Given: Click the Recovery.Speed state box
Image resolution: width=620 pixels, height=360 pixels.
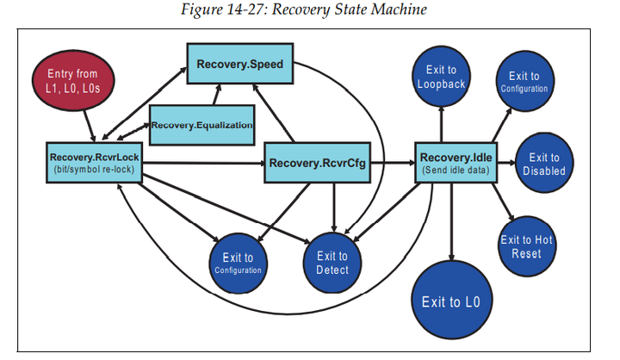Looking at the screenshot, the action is [240, 64].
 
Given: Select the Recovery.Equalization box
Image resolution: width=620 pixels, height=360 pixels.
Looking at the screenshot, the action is [201, 125].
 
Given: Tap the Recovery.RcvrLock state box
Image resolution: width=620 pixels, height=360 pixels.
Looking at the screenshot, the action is [94, 163].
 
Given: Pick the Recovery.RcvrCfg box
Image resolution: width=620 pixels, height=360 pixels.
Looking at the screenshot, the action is [317, 163].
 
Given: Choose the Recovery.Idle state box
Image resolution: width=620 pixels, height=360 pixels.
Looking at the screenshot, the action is [456, 163].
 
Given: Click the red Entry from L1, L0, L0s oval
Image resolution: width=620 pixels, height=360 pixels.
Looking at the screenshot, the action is [73, 80].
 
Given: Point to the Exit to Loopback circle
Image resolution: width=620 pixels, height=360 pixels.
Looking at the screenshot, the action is [441, 77].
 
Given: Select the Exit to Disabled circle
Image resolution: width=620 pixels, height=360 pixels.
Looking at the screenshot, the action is [544, 163].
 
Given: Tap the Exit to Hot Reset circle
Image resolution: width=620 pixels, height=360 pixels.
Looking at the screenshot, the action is [527, 246].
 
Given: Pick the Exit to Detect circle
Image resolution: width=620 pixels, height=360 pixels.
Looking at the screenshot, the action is [332, 263].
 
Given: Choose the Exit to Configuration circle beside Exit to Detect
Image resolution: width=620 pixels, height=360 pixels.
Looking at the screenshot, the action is [238, 264].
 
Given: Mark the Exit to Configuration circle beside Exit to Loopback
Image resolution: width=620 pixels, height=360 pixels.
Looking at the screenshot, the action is [524, 81].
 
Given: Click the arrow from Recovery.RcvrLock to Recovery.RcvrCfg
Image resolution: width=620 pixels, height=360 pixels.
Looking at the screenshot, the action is [203, 163].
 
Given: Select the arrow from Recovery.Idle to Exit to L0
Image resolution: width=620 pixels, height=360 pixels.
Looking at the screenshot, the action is [451, 222].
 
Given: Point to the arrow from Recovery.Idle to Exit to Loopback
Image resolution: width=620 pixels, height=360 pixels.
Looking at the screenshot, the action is [441, 125].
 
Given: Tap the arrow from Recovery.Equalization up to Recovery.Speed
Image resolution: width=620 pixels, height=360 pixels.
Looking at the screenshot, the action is [216, 95].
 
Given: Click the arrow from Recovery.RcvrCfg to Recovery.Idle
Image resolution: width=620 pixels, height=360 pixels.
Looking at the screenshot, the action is [393, 163].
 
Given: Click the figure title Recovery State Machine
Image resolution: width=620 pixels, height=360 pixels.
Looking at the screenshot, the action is [350, 9].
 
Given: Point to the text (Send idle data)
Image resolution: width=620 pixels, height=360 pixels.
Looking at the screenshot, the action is [456, 171].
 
